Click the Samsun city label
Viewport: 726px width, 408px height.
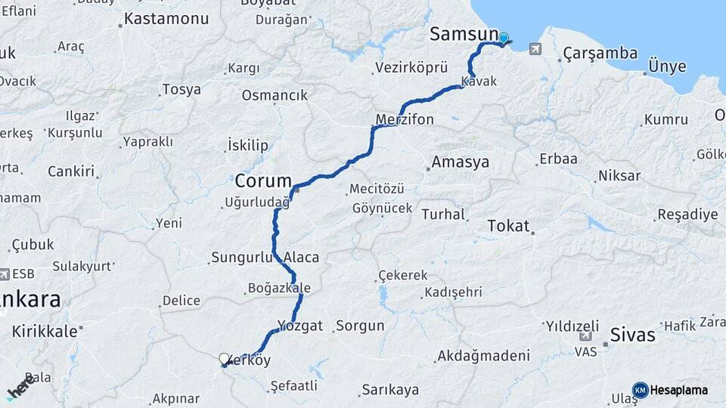[464, 34]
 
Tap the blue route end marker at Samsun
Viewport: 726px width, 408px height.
[504, 38]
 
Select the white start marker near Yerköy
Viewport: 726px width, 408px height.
[224, 359]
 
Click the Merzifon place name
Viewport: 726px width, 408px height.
[405, 119]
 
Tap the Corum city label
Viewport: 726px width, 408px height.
[263, 181]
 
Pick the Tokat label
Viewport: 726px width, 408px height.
[508, 226]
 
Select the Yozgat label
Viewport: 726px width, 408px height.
[300, 326]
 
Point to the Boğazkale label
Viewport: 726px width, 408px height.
[279, 288]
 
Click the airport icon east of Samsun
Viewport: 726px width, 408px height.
[536, 49]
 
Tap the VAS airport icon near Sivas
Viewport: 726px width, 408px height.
[585, 336]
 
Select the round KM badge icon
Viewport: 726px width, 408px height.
[640, 390]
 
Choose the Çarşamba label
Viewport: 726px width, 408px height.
[600, 54]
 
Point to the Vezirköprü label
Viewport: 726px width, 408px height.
[411, 68]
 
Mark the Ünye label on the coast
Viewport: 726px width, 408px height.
[666, 67]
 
